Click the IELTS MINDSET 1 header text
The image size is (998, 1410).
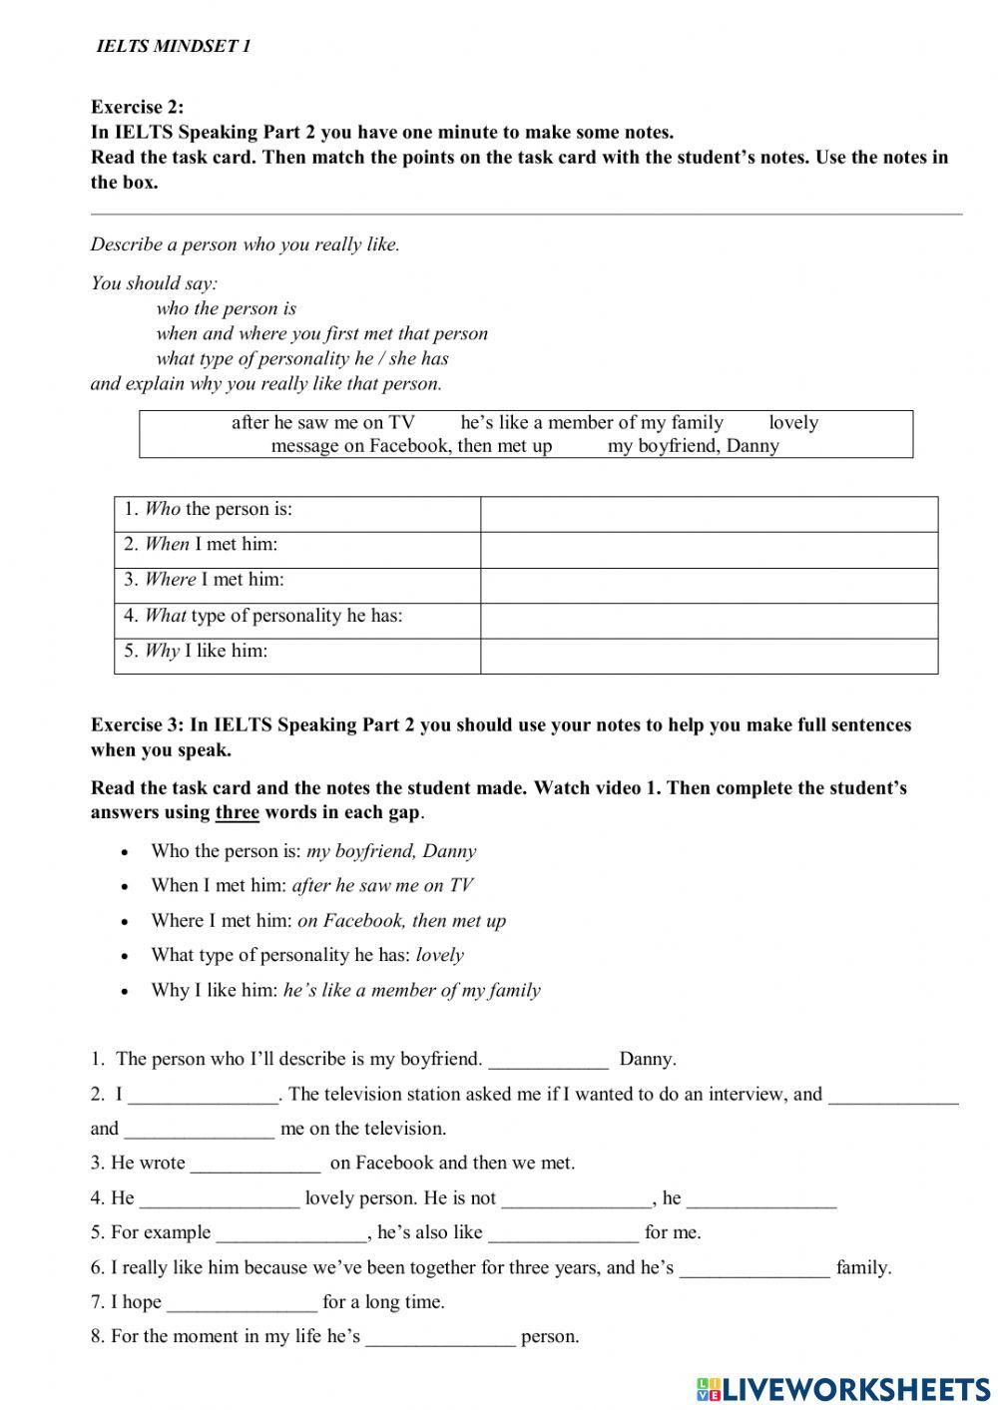pyautogui.click(x=173, y=46)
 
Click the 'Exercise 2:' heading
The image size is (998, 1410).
pyautogui.click(x=137, y=107)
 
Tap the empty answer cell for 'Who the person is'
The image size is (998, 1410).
pyautogui.click(x=709, y=514)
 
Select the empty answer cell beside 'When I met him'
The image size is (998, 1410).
pyautogui.click(x=709, y=550)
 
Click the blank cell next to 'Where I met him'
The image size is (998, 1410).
pyautogui.click(x=709, y=586)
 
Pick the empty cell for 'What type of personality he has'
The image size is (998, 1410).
pyautogui.click(x=709, y=621)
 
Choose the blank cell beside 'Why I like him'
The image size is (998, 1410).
pyautogui.click(x=709, y=656)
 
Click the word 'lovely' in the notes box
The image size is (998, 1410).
pyautogui.click(x=793, y=422)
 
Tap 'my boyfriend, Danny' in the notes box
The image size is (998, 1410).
pyautogui.click(x=693, y=446)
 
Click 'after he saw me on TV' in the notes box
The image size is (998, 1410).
pyautogui.click(x=322, y=422)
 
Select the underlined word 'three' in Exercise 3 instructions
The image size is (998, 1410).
pyautogui.click(x=237, y=812)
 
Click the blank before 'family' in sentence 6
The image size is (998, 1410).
pyautogui.click(x=754, y=1269)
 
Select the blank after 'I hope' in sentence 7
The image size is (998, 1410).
pyautogui.click(x=242, y=1303)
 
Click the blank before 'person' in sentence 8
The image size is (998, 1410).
pyautogui.click(x=440, y=1338)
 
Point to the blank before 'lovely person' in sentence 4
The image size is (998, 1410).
pyautogui.click(x=220, y=1199)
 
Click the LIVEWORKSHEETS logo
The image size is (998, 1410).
pyautogui.click(x=843, y=1388)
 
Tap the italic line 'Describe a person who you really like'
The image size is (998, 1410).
pyautogui.click(x=245, y=244)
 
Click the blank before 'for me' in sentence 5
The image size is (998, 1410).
pyautogui.click(x=563, y=1234)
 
